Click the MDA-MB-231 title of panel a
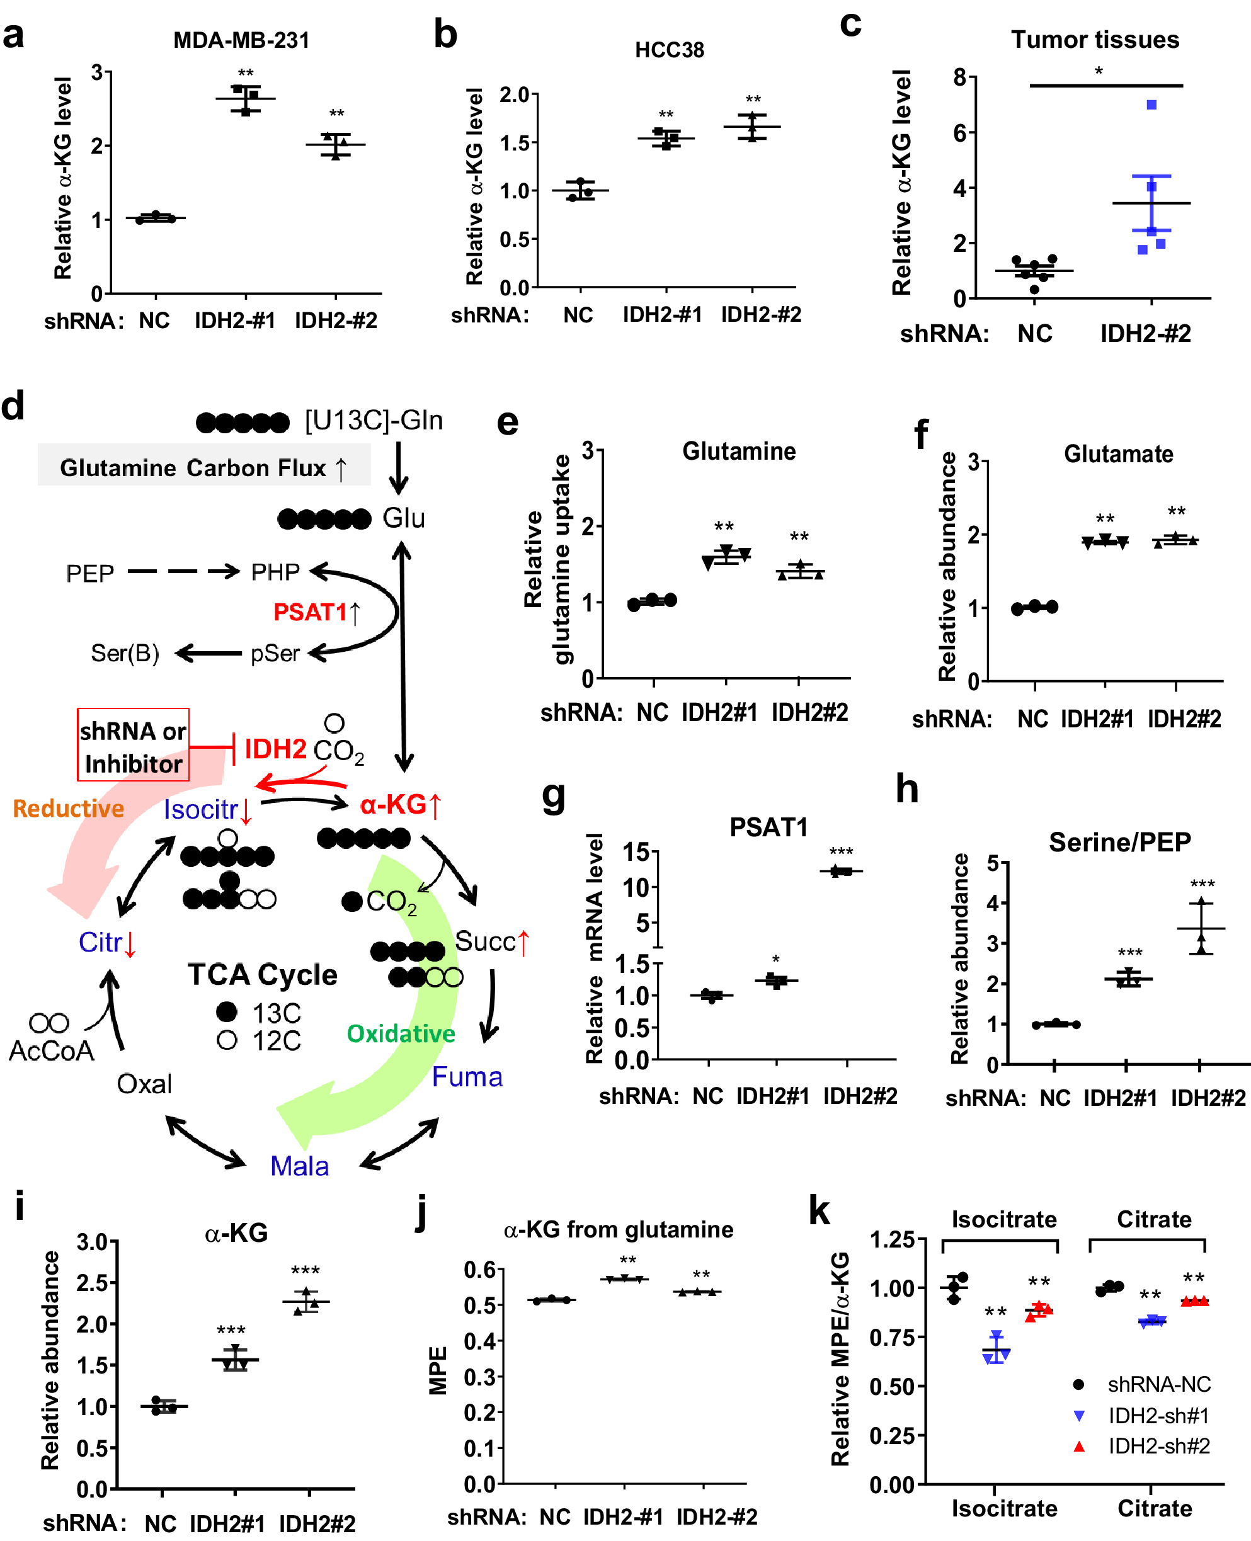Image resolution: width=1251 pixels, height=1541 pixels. [x=241, y=40]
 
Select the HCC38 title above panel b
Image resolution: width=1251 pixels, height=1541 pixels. [x=669, y=50]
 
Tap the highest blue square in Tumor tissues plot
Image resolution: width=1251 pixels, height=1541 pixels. [x=1151, y=105]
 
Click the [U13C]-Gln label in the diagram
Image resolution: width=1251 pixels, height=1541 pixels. [x=374, y=420]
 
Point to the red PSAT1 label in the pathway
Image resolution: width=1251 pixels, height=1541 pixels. [x=311, y=611]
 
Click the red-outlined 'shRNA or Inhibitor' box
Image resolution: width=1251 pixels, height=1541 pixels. [x=134, y=745]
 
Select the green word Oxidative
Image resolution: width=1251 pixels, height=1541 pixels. [x=401, y=1034]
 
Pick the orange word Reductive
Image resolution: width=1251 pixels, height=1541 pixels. [x=69, y=809]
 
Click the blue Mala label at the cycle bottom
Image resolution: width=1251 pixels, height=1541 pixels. [x=299, y=1166]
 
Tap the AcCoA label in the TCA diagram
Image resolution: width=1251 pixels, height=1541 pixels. [x=51, y=1051]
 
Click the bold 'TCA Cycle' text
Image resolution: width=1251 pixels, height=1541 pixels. [x=262, y=974]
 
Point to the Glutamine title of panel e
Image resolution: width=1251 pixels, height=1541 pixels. [x=739, y=451]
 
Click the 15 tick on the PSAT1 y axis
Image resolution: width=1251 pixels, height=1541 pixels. [x=636, y=852]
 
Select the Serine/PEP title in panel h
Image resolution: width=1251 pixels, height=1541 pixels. [x=1119, y=841]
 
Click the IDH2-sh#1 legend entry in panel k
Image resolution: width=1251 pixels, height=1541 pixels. [x=1158, y=1416]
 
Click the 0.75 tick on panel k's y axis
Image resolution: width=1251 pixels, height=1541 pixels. [x=891, y=1337]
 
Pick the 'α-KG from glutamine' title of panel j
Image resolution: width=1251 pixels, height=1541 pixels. [x=619, y=1229]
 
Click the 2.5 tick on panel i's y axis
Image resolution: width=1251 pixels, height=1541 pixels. [x=91, y=1283]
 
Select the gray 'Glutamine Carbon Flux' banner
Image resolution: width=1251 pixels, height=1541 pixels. [x=204, y=467]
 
